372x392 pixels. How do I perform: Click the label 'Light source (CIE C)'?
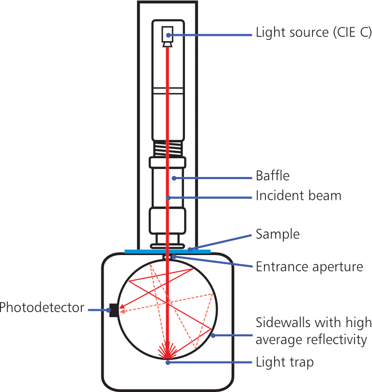(x=313, y=33)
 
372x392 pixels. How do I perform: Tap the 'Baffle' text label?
(x=273, y=175)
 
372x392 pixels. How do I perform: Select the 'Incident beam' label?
(x=299, y=196)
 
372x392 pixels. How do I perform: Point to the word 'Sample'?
(x=278, y=235)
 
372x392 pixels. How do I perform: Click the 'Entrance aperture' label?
(x=310, y=267)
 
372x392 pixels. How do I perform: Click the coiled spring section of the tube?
(x=168, y=147)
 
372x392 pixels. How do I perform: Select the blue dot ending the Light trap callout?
(x=168, y=362)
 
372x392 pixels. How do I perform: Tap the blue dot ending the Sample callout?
(x=190, y=250)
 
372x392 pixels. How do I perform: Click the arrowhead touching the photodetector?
(x=122, y=307)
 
